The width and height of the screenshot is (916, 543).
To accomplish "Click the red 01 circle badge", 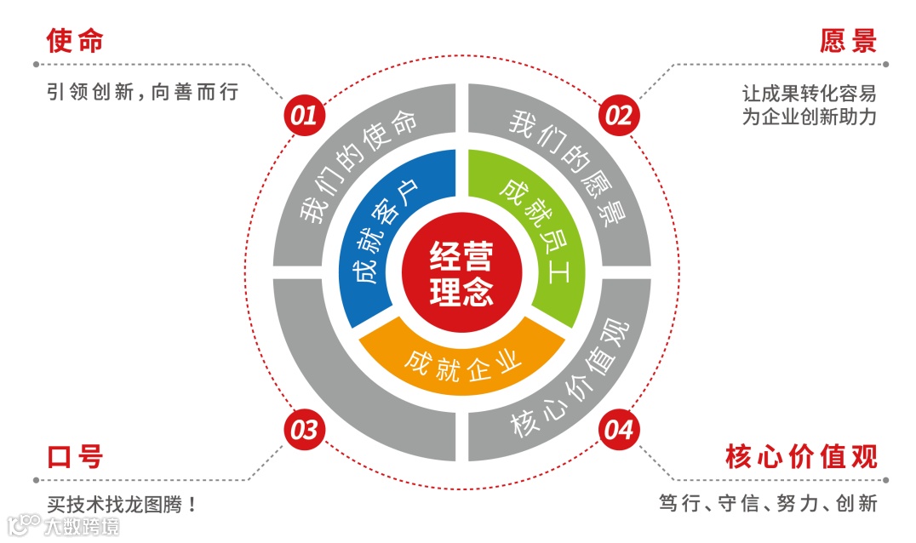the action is click(x=304, y=115).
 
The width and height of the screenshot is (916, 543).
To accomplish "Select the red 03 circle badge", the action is click(x=304, y=431).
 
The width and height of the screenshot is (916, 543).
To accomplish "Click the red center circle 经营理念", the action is click(x=461, y=272).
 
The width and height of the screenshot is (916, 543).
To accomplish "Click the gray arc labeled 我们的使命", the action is click(x=358, y=170).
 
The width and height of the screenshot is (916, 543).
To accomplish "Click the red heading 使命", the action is click(x=75, y=40).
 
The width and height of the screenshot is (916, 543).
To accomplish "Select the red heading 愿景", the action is click(x=848, y=40).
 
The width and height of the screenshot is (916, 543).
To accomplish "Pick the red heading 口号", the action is click(x=75, y=457).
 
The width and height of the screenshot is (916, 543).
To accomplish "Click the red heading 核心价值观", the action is click(x=800, y=457).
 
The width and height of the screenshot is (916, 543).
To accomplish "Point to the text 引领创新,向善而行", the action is click(x=142, y=92).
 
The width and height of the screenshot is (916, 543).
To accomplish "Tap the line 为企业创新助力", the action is click(x=809, y=117).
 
